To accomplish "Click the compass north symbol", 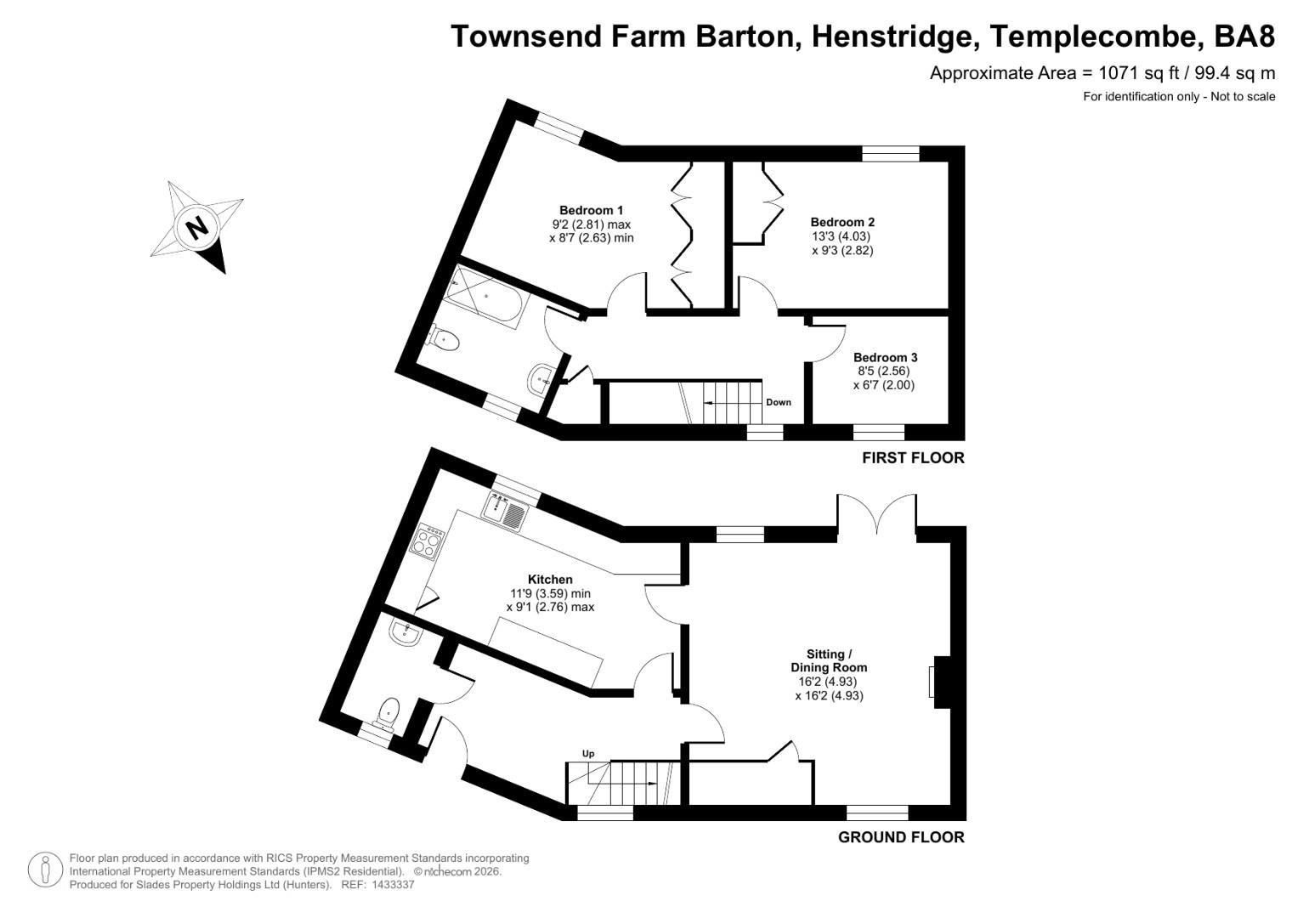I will pyautogui.click(x=196, y=227).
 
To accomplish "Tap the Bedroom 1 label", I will pyautogui.click(x=591, y=210).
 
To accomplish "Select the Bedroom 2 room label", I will pyautogui.click(x=842, y=222).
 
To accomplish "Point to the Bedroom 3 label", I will pyautogui.click(x=885, y=357).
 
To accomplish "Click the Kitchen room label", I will pyautogui.click(x=550, y=579).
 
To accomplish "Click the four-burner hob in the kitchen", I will pyautogui.click(x=428, y=540).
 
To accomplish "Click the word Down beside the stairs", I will pyautogui.click(x=778, y=402).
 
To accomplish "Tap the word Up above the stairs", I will pyautogui.click(x=587, y=753).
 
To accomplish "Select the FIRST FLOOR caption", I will pyautogui.click(x=913, y=457).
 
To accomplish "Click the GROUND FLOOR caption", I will pyautogui.click(x=901, y=836).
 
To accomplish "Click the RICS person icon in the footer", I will pyautogui.click(x=46, y=870).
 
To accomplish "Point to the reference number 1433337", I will pyautogui.click(x=388, y=885).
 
